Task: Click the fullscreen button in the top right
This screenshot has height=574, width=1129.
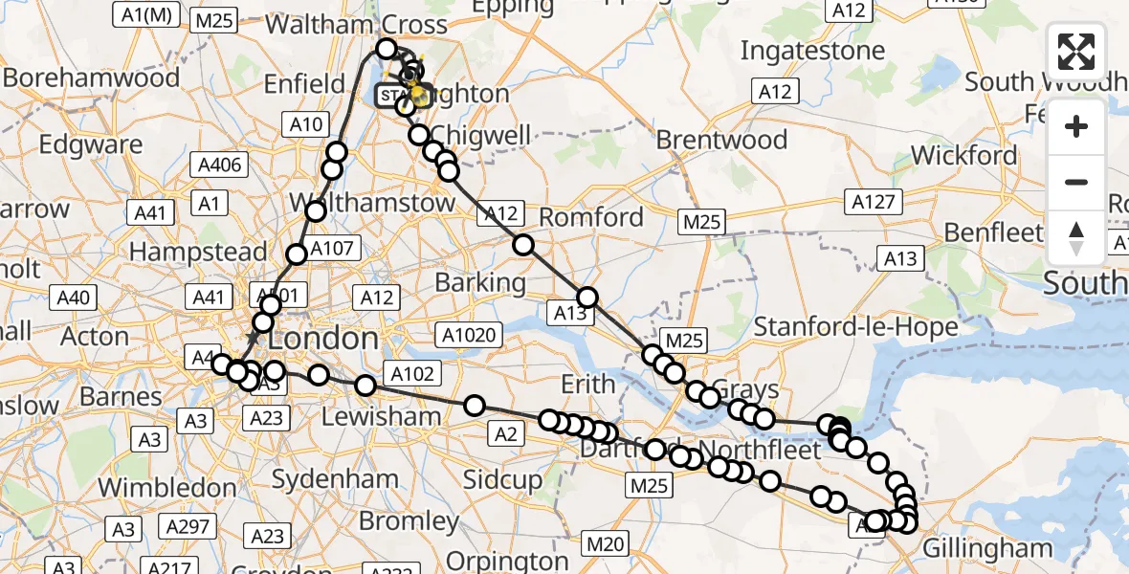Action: coord(1076,52)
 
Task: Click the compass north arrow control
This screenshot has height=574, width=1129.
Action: coord(1076,237)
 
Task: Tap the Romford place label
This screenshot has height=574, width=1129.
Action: coord(591,217)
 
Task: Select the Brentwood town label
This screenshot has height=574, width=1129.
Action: coord(721,140)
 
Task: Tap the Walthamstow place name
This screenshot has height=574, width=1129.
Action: coord(382,204)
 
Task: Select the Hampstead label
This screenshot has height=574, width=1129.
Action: coord(198,252)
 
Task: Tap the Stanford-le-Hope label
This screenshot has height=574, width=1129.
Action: coord(855,327)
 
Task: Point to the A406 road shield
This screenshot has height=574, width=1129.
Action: coord(220,165)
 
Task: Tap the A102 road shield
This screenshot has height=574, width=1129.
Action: coord(412,374)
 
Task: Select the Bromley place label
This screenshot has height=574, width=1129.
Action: coord(409,521)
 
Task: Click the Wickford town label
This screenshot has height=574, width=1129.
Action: coord(964,155)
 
